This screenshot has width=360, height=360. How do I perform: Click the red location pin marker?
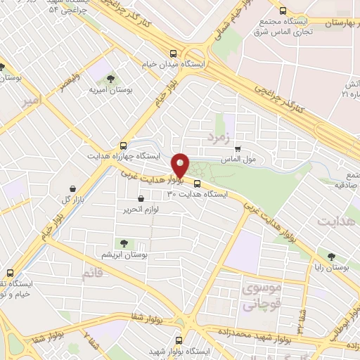click(181, 166)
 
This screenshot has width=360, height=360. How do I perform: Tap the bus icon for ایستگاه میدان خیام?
click(174, 53)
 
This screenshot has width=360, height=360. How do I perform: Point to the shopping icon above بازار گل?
click(74, 188)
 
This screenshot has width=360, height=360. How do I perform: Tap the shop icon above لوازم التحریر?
click(142, 200)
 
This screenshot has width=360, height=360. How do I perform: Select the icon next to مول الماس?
click(238, 148)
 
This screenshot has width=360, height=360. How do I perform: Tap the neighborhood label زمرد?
click(219, 136)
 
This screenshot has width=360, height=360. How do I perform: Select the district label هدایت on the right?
click(333, 222)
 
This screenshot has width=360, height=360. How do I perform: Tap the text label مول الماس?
click(260, 158)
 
